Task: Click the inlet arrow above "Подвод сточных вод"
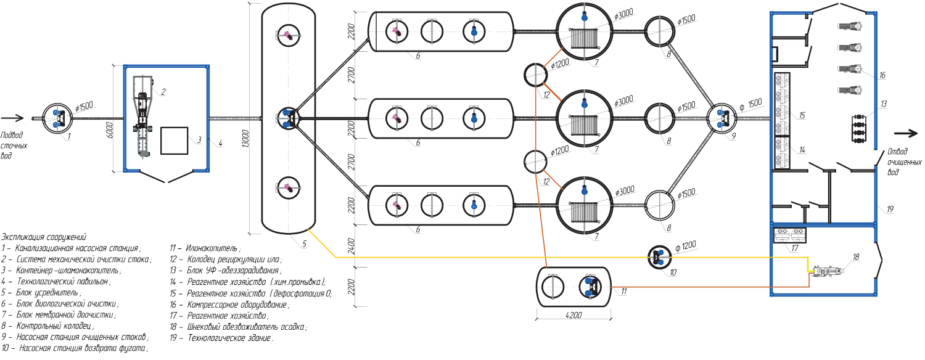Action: (12, 118)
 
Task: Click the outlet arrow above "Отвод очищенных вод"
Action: (906, 133)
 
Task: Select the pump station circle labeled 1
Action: (57, 118)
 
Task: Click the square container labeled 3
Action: (174, 141)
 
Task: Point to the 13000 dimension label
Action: (245, 138)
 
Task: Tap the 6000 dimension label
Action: (109, 130)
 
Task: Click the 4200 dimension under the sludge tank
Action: (573, 315)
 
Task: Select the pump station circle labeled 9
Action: (722, 118)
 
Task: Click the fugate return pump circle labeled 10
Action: (659, 257)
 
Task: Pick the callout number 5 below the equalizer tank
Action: (305, 244)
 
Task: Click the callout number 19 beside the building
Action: (890, 209)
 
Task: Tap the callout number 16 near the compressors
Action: (882, 75)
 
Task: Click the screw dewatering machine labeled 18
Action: (827, 271)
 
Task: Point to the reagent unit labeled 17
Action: (789, 235)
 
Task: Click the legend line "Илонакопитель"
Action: (205, 248)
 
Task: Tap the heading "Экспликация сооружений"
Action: (44, 237)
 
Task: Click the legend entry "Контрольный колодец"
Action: (48, 325)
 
